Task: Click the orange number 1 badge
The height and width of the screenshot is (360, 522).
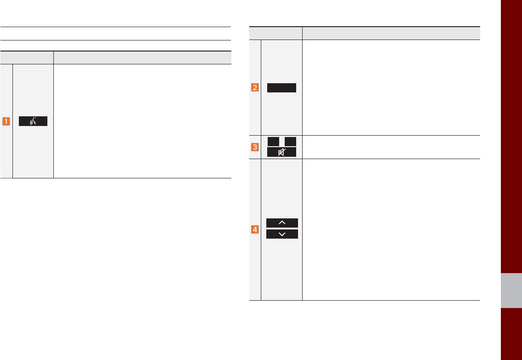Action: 6,121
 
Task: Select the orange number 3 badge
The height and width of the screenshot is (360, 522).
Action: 255,147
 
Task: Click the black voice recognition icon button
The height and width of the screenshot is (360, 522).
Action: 33,121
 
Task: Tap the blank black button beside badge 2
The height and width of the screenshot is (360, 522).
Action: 282,88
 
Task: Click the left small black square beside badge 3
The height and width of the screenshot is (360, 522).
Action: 273,142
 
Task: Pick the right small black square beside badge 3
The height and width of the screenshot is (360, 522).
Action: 290,142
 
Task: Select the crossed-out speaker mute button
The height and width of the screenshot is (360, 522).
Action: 282,152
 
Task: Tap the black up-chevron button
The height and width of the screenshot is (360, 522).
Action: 282,223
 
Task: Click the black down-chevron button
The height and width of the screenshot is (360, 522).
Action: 282,234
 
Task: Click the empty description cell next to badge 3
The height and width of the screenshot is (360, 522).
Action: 391,147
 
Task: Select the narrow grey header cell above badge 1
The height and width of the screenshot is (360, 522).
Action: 27,57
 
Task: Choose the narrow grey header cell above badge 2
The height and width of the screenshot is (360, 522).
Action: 275,33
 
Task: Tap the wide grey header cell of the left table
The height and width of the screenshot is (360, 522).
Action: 142,57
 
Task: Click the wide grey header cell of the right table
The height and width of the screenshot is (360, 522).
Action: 391,33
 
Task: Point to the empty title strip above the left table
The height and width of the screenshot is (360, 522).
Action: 115,34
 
